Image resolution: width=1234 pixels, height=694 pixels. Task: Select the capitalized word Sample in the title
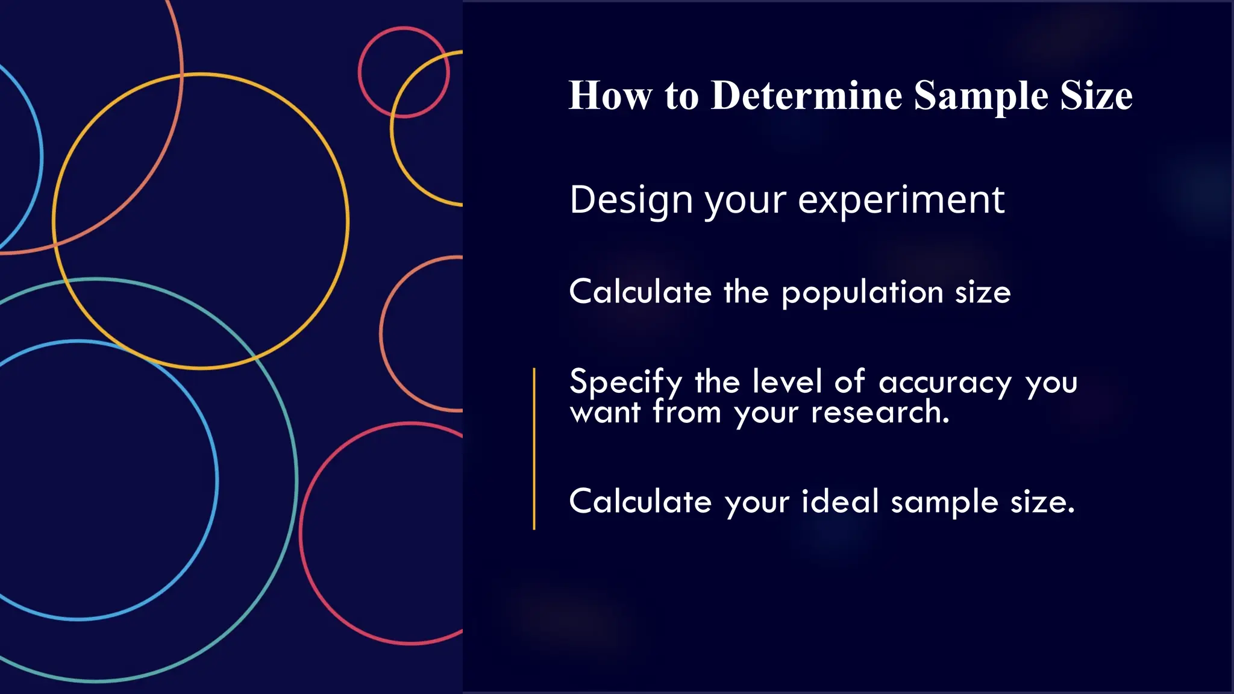coord(981,96)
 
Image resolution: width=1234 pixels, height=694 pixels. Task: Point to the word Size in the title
coord(1096,96)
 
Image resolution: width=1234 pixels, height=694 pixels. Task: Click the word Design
coord(631,201)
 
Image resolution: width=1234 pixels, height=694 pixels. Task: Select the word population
coord(862,293)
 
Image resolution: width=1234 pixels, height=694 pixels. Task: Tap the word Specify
coord(626,383)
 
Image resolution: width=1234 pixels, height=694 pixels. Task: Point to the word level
coord(787,381)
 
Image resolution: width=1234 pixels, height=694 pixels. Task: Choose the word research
coord(880,413)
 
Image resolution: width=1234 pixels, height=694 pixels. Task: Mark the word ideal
coord(840,501)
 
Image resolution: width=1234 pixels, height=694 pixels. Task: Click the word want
coord(605,413)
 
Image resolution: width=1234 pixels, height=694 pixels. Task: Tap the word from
coord(687,413)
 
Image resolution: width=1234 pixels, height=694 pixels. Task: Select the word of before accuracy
coord(850,381)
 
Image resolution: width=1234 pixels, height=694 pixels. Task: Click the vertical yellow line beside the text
coord(534,449)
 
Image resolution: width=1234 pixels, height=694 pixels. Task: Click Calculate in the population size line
coord(640,292)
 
